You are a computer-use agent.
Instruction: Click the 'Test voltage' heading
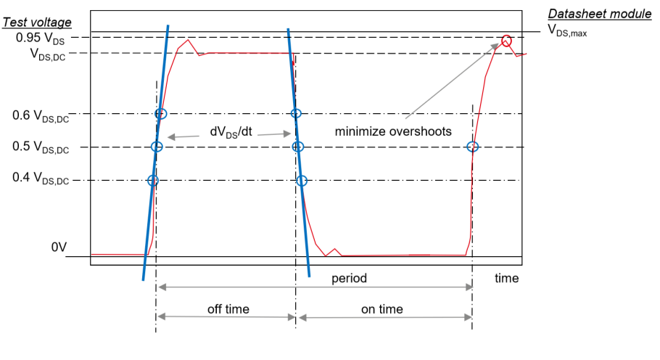(37, 22)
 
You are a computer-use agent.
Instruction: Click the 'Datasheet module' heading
(599, 14)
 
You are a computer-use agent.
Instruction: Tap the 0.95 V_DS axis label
(41, 38)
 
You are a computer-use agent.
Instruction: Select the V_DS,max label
(567, 30)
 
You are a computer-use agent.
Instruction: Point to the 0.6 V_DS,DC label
(41, 115)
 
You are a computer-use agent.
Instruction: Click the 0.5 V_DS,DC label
(41, 147)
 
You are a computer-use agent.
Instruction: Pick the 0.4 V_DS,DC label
(41, 178)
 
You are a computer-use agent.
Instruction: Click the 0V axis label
(59, 247)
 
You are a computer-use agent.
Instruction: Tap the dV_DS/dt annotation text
(231, 132)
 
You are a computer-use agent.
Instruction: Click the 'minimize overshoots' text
(393, 131)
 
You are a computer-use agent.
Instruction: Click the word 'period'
(349, 278)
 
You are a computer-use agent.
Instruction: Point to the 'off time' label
(228, 309)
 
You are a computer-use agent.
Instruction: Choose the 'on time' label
(381, 309)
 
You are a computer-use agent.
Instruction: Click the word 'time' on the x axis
(506, 278)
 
